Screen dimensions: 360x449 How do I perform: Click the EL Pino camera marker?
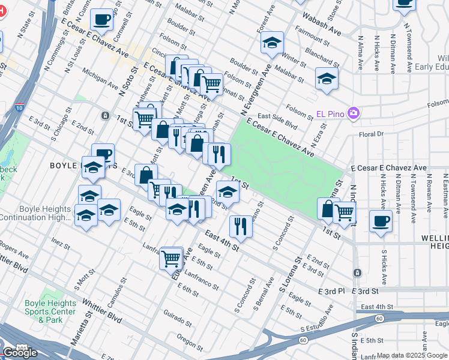pyautogui.click(x=354, y=113)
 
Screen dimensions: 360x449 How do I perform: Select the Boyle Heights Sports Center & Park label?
pyautogui.click(x=50, y=311)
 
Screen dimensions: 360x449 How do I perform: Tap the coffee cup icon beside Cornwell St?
pyautogui.click(x=101, y=20)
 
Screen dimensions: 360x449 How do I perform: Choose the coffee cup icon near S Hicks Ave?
pyautogui.click(x=381, y=221)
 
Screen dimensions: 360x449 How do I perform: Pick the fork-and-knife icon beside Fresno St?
pyautogui.click(x=240, y=226)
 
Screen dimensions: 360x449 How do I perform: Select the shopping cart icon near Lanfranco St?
pyautogui.click(x=171, y=259)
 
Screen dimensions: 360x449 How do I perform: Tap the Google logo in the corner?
pyautogui.click(x=20, y=353)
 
